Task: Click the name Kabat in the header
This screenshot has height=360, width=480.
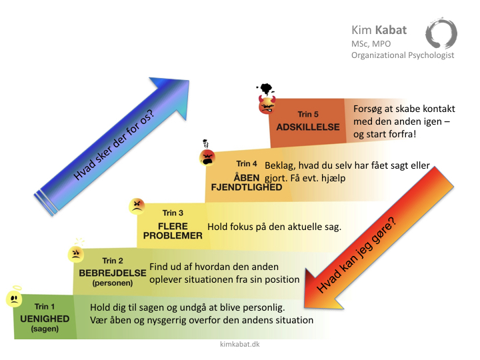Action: pos(391,30)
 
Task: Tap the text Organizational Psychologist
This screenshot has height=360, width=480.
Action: pos(403,55)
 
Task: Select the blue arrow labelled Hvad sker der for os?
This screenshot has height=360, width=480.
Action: pos(112,146)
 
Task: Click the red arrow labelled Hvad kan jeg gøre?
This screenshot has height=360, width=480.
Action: pos(379,238)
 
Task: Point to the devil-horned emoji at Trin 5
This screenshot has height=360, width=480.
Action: pos(267,105)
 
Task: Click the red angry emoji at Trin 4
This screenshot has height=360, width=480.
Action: pos(207,157)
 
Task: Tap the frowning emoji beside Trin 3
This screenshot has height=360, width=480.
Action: pos(137,206)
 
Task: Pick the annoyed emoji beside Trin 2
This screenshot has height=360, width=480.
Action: pos(75,254)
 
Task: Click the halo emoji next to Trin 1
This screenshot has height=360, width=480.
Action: pos(14,297)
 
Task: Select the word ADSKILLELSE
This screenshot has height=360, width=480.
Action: pos(308,127)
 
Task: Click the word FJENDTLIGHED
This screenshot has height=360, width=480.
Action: pos(247,187)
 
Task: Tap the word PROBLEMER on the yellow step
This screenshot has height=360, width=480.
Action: pos(173,236)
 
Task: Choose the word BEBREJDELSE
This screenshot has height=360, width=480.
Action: pos(113,273)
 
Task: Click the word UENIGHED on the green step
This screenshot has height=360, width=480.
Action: pos(45,319)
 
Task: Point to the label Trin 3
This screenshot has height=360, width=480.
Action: pos(173,213)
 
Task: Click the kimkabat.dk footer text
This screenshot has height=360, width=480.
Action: pos(240,344)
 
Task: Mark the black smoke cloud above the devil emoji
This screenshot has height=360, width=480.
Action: pos(265,89)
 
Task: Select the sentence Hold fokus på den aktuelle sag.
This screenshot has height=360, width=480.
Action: pos(274,227)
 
